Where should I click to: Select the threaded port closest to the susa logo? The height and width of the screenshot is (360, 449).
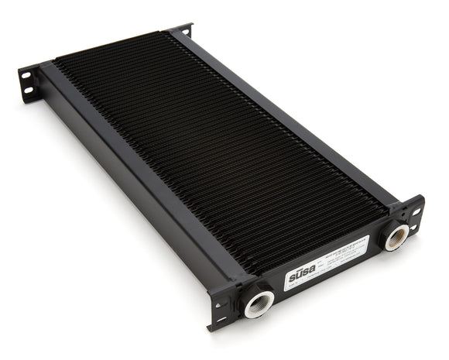[x=259, y=303]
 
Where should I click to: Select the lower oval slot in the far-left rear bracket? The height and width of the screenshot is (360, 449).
[x=28, y=91]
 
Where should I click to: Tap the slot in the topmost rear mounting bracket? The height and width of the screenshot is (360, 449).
[x=184, y=30]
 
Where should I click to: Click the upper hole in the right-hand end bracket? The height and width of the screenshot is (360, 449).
[x=416, y=210]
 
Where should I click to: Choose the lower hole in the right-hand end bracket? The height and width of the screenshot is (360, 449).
[x=416, y=226]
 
